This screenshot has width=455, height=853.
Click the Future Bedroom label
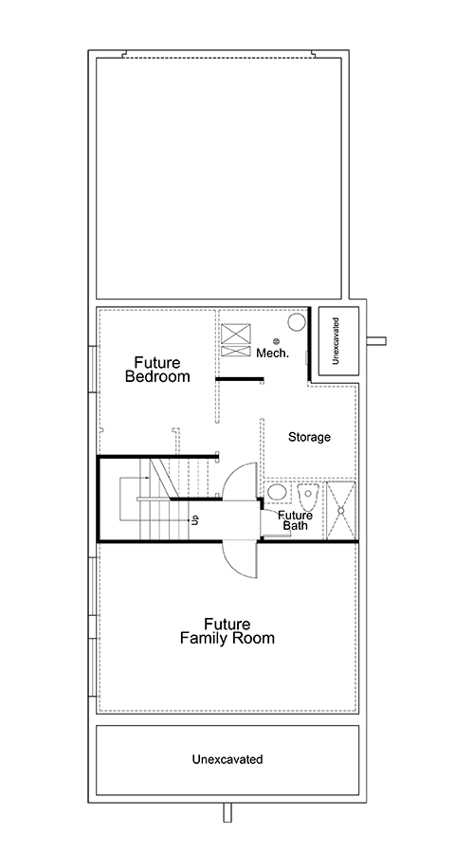click(158, 370)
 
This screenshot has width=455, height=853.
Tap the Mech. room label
click(273, 354)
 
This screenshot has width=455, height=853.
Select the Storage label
click(309, 437)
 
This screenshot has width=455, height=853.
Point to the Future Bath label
click(296, 520)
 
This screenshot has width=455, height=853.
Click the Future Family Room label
click(227, 631)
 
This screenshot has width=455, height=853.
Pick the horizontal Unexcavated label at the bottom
click(227, 759)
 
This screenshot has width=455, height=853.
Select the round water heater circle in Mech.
click(297, 322)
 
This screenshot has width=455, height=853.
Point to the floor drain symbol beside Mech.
click(276, 341)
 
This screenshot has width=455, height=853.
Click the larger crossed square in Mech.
click(236, 333)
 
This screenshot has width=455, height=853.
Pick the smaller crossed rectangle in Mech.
click(236, 351)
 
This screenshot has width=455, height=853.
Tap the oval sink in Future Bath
click(278, 492)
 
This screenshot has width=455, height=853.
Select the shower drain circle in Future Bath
click(340, 510)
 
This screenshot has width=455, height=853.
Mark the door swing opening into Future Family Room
click(241, 560)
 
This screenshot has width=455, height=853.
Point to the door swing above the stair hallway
click(240, 481)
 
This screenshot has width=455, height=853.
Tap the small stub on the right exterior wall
click(376, 341)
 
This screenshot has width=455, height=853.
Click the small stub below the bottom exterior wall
click(228, 813)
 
